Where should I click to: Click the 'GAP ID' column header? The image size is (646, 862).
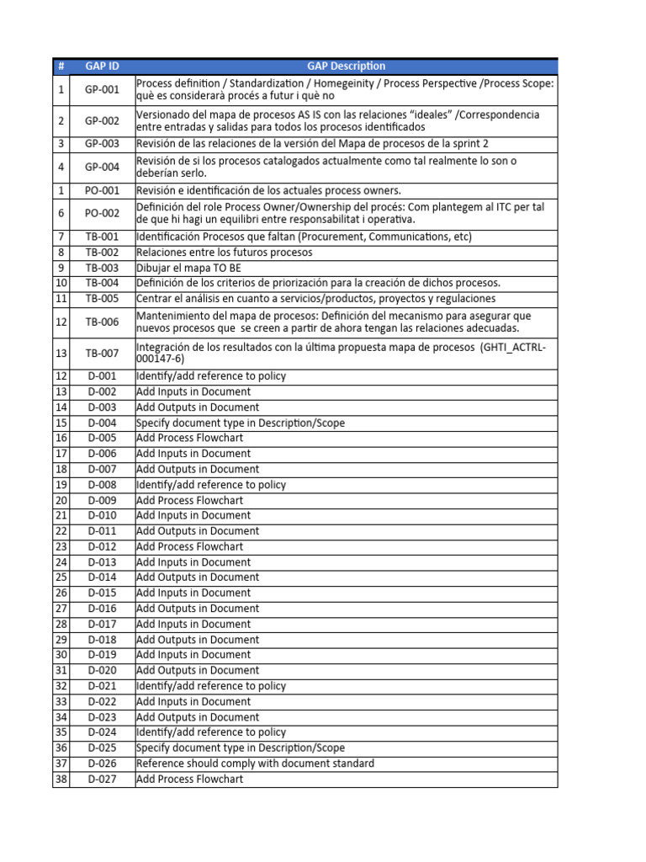point(102,66)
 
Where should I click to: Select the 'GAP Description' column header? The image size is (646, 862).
point(346,66)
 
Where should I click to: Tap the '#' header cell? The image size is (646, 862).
point(61,66)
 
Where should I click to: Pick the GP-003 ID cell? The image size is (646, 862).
point(102,144)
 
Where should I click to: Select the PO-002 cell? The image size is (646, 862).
point(102,213)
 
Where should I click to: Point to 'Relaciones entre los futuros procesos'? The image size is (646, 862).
point(224,253)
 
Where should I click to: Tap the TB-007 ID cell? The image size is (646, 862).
point(102,353)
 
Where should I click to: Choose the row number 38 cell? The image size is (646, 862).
point(61,780)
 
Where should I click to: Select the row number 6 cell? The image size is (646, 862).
point(61,213)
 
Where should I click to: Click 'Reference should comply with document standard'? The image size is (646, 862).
point(255,764)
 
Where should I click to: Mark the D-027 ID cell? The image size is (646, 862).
point(102,780)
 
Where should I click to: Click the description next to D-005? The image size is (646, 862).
point(189,439)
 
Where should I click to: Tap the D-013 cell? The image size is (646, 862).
point(102,562)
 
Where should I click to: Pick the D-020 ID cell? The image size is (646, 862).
point(102,671)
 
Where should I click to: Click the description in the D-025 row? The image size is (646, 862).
point(240,748)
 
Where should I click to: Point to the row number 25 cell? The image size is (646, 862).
point(61,577)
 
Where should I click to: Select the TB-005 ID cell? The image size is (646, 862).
point(102,299)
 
